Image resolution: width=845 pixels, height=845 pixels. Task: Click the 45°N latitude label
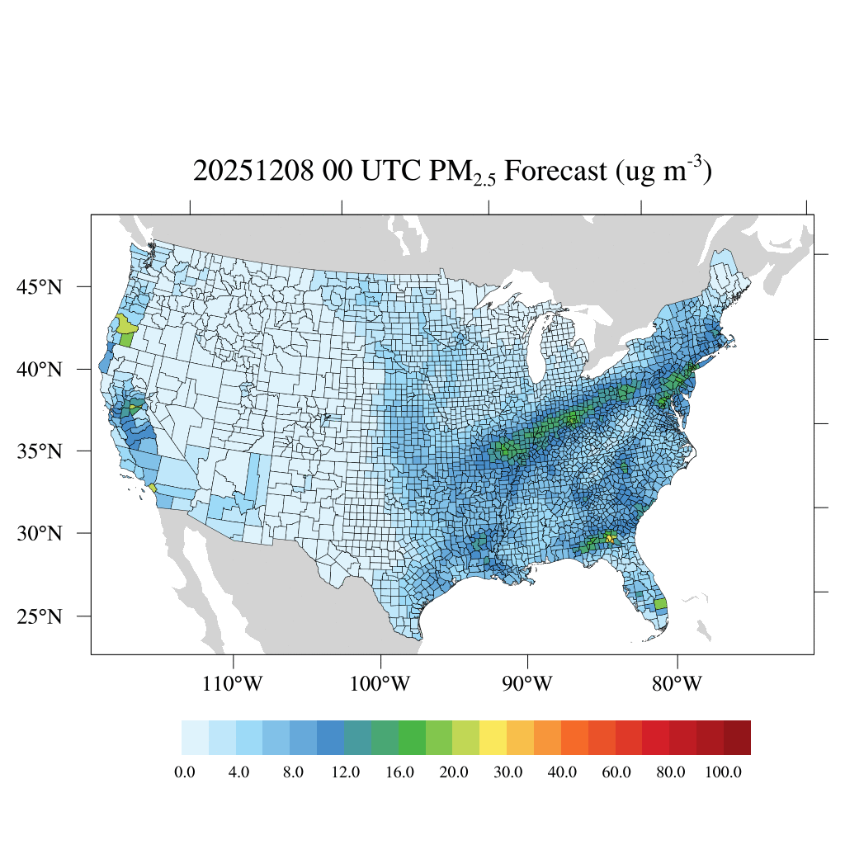tap(40, 287)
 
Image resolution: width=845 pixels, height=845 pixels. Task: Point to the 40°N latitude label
tap(40, 369)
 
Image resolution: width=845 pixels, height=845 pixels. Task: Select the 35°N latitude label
tap(40, 451)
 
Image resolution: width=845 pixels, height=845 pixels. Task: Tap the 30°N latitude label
tap(40, 533)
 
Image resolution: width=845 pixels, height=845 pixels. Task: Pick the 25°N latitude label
tap(40, 616)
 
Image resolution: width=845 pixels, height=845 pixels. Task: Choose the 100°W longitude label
tap(381, 685)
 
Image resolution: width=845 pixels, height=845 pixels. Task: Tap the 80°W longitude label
tap(677, 685)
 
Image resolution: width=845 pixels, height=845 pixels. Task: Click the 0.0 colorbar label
tap(185, 772)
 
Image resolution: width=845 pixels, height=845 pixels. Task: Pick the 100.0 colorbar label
tap(725, 772)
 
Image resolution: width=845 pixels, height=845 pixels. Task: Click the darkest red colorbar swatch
tap(737, 738)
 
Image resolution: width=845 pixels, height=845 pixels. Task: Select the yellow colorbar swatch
tap(493, 738)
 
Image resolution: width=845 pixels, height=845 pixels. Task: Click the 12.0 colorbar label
tap(346, 772)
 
